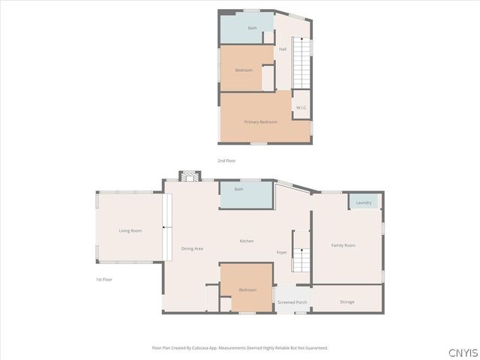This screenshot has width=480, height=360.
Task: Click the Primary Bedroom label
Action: point(260,121)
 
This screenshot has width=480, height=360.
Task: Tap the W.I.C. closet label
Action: point(301,108)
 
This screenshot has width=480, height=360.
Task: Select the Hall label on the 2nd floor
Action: point(283,49)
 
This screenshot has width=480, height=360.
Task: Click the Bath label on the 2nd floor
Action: point(253,28)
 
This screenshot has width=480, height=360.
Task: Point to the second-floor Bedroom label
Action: point(244,70)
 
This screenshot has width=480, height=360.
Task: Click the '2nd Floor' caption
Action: point(226,161)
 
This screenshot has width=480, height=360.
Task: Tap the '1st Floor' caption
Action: point(103,280)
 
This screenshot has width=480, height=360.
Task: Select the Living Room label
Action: point(130,230)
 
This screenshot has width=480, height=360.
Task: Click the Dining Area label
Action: point(192,248)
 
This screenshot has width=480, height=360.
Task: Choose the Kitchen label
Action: point(247,241)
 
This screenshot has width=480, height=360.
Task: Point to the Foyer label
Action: point(282,252)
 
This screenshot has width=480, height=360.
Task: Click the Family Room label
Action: point(343,245)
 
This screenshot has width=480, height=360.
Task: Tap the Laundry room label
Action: point(364,202)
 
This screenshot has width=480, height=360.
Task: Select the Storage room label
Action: point(346,301)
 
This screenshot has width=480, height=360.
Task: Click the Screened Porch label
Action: point(292,302)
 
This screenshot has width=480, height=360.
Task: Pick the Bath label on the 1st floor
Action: point(238,189)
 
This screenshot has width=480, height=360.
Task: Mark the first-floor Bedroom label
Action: point(247,289)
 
